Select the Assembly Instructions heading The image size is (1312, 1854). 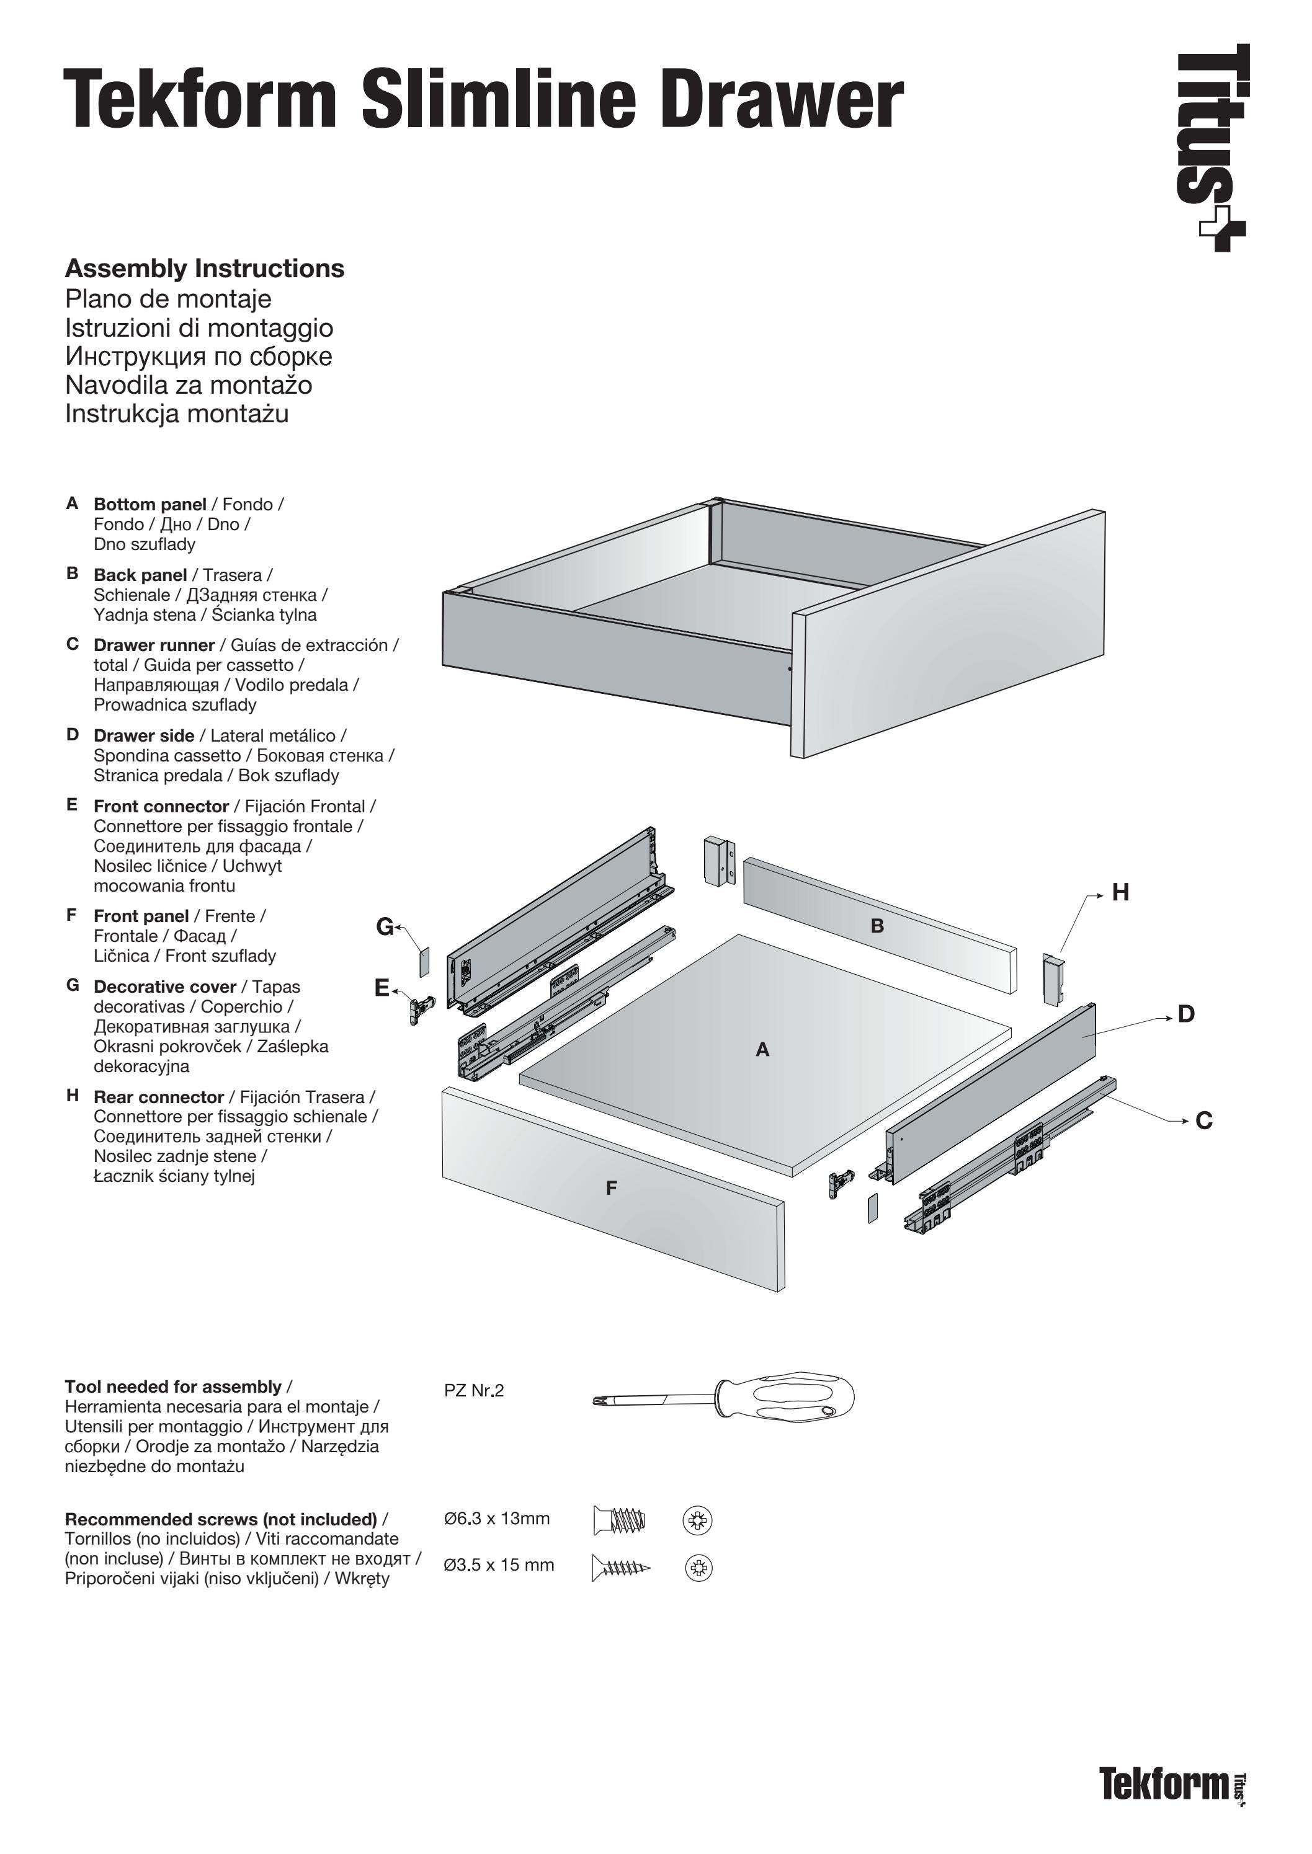click(x=204, y=269)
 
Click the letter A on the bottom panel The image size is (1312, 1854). click(x=762, y=1050)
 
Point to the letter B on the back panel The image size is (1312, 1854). click(x=877, y=926)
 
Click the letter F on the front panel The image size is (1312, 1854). click(x=612, y=1189)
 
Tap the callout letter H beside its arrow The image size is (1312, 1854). click(x=1120, y=893)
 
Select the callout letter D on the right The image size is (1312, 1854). click(x=1185, y=1014)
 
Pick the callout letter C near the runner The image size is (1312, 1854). click(x=1203, y=1122)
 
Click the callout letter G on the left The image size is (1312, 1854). click(x=385, y=927)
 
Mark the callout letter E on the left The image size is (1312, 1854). click(x=382, y=988)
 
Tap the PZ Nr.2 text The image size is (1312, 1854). click(x=473, y=1390)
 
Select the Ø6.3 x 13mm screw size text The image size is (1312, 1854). click(x=497, y=1519)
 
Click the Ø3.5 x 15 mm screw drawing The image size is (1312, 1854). click(x=620, y=1568)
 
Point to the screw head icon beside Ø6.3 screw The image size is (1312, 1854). click(x=697, y=1521)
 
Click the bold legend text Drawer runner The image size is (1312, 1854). click(x=153, y=645)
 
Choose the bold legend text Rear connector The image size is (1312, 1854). click(x=158, y=1098)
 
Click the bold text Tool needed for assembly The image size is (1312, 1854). click(x=173, y=1387)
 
